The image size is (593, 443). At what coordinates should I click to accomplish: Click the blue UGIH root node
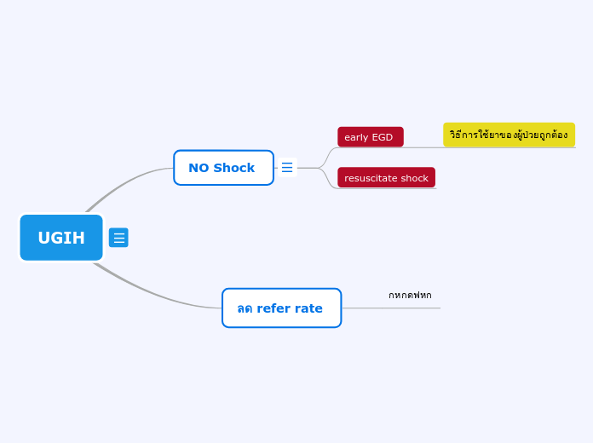pyautogui.click(x=61, y=238)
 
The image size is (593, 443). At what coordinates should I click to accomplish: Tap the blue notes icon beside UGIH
pyautogui.click(x=118, y=238)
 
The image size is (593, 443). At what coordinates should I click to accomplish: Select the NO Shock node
pyautogui.click(x=223, y=168)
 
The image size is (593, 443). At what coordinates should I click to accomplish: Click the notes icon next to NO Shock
pyautogui.click(x=287, y=168)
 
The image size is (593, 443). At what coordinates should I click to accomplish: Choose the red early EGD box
pyautogui.click(x=370, y=137)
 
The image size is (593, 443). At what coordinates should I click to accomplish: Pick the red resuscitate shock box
pyautogui.click(x=386, y=178)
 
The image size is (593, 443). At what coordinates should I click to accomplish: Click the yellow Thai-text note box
pyautogui.click(x=509, y=135)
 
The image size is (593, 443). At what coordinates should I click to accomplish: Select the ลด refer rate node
pyautogui.click(x=281, y=308)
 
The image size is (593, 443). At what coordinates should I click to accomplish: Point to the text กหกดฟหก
pyautogui.click(x=410, y=296)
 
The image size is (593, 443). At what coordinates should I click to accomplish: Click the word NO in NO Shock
pyautogui.click(x=199, y=168)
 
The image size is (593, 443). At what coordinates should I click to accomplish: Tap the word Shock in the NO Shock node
pyautogui.click(x=233, y=168)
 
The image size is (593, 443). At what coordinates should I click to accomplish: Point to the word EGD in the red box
pyautogui.click(x=383, y=137)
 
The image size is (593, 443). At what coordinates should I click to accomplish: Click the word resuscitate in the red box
pyautogui.click(x=371, y=178)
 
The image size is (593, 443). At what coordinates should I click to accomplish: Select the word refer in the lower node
pyautogui.click(x=273, y=308)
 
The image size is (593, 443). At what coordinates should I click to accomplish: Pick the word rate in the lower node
pyautogui.click(x=308, y=308)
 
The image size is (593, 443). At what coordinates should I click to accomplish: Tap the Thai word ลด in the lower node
pyautogui.click(x=245, y=308)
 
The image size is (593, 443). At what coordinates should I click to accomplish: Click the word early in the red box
pyautogui.click(x=356, y=137)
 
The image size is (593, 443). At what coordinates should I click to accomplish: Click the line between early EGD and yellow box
pyautogui.click(x=423, y=147)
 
